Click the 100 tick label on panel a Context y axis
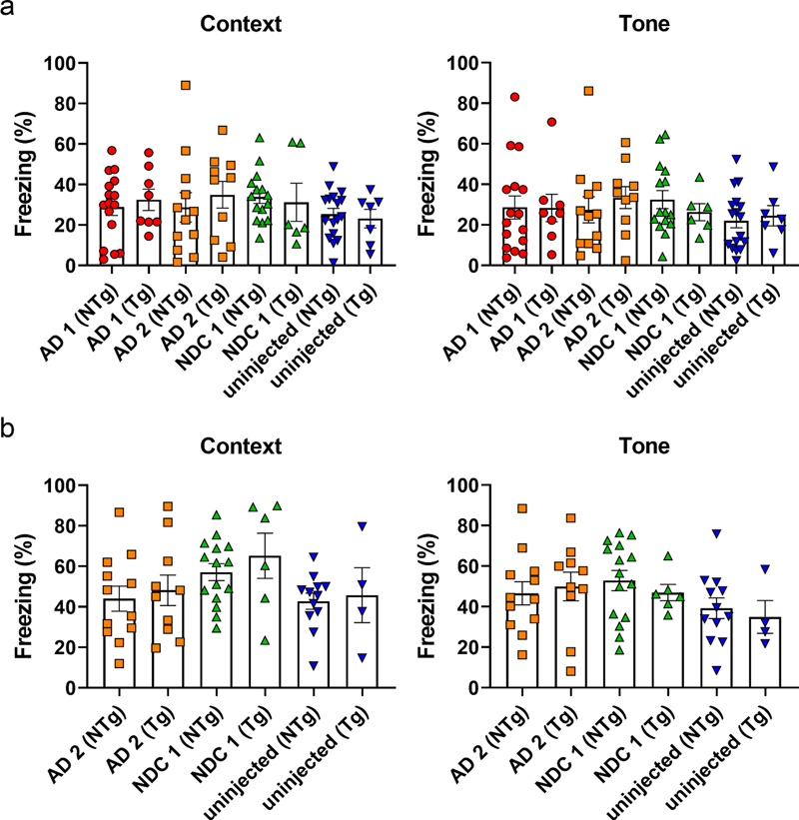(62, 63)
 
